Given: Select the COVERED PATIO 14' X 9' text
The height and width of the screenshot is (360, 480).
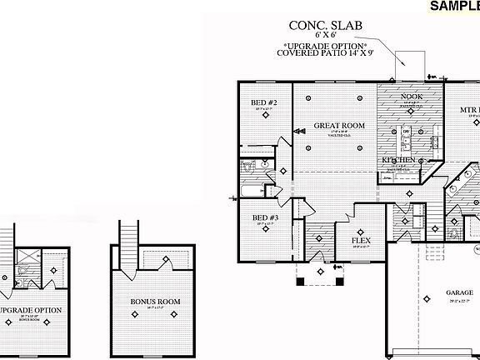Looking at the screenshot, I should (325, 52).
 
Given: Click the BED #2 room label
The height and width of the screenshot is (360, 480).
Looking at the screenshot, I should (264, 103).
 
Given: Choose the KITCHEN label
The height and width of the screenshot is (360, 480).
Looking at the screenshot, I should (399, 159).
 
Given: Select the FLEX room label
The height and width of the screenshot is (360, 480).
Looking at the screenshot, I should (361, 241).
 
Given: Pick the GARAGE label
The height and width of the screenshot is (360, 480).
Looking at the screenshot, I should (458, 293).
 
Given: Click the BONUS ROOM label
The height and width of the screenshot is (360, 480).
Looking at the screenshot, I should (156, 302).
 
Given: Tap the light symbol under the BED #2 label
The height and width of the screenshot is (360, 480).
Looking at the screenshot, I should (267, 118).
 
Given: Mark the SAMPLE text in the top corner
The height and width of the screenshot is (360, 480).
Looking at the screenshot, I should (454, 7).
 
